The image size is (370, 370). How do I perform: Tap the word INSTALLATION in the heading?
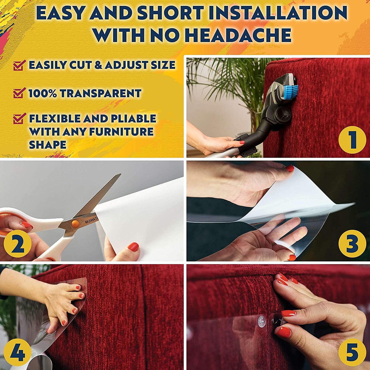278,13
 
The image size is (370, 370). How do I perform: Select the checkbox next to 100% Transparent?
19,93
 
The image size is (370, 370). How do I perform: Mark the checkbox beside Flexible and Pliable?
19,119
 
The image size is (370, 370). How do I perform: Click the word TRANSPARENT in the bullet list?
100,93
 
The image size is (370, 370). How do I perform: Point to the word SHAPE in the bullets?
48,145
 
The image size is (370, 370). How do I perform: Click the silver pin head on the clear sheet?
262,321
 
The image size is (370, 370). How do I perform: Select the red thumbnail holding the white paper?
133,247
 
